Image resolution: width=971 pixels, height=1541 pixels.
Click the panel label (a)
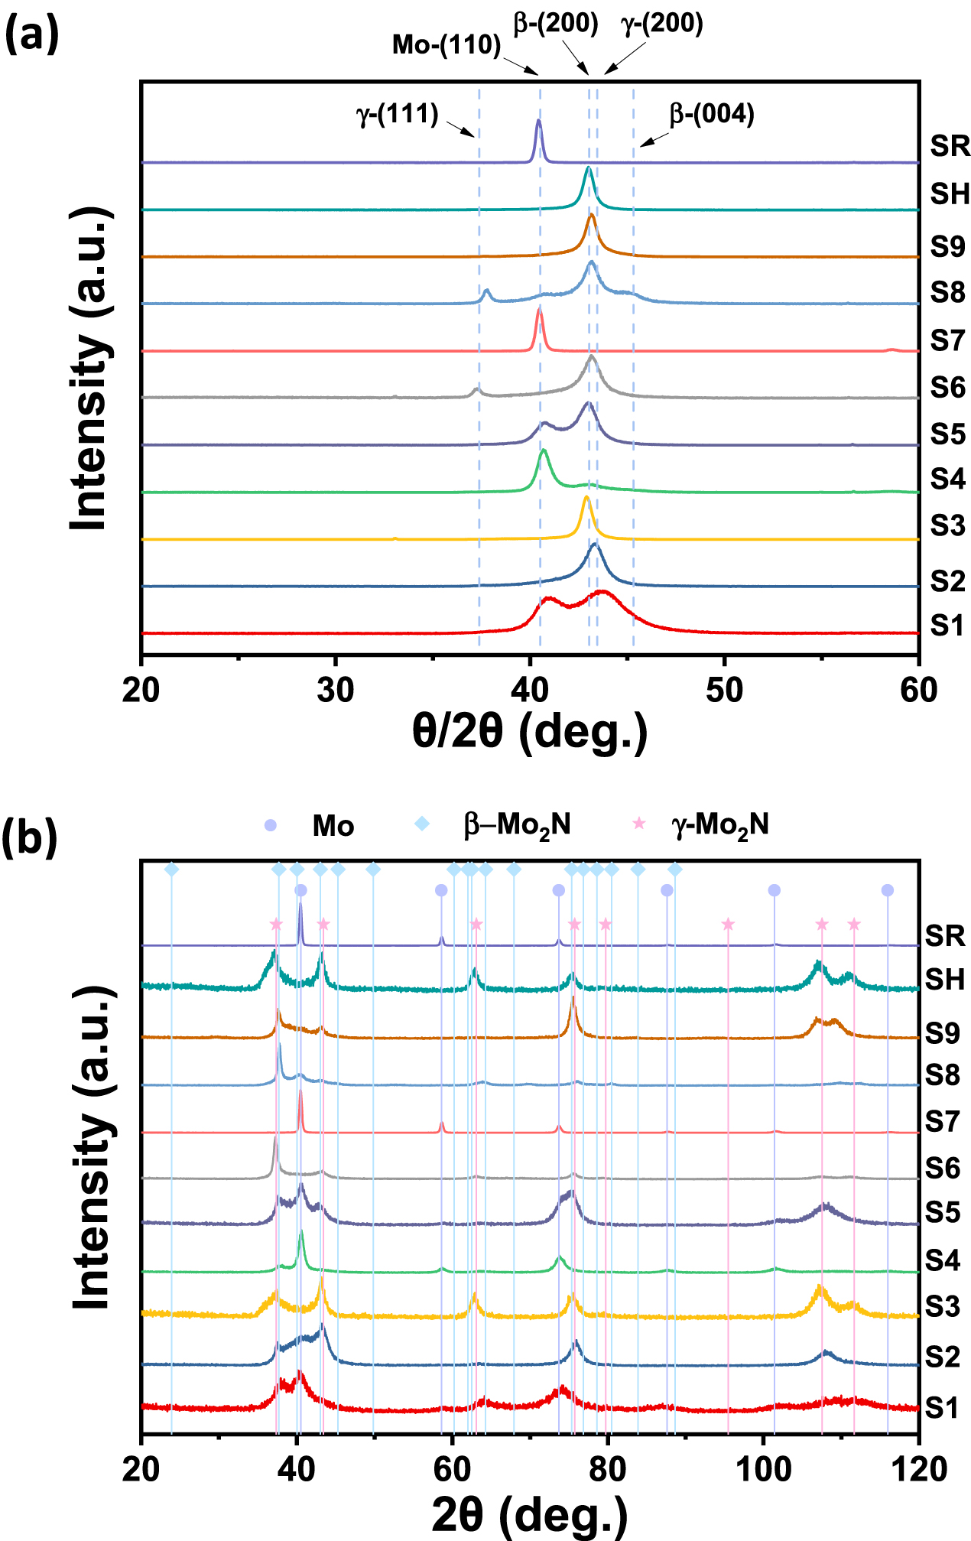pyautogui.click(x=31, y=35)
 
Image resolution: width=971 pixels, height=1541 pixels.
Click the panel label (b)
pyautogui.click(x=30, y=838)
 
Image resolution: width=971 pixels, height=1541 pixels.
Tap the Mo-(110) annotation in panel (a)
pyautogui.click(x=446, y=44)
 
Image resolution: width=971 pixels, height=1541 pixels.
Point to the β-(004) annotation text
pyautogui.click(x=711, y=114)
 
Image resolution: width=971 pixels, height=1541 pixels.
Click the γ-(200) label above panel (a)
pyautogui.click(x=661, y=23)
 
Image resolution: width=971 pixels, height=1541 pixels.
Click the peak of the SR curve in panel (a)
pyautogui.click(x=538, y=121)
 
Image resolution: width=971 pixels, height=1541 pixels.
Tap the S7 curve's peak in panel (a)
pyautogui.click(x=539, y=309)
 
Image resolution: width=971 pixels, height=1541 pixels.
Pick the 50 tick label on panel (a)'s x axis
pyautogui.click(x=723, y=691)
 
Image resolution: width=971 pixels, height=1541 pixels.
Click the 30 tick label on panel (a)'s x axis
pyautogui.click(x=335, y=691)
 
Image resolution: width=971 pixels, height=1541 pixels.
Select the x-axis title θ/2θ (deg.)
pyautogui.click(x=529, y=732)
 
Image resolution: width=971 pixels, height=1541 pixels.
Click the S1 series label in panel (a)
pyautogui.click(x=947, y=626)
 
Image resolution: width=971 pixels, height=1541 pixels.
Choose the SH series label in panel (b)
pyautogui.click(x=945, y=979)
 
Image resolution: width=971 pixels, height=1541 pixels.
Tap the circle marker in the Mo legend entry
pyautogui.click(x=270, y=825)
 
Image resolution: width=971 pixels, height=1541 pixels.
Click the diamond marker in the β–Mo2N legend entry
pyautogui.click(x=422, y=824)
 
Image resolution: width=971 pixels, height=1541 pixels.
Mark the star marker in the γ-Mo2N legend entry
pyautogui.click(x=639, y=824)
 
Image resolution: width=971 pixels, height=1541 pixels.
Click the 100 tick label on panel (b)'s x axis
pyautogui.click(x=762, y=1469)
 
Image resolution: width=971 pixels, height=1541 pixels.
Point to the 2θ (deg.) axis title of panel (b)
pyautogui.click(x=529, y=1514)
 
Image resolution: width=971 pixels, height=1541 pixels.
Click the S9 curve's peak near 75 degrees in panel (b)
pyautogui.click(x=573, y=999)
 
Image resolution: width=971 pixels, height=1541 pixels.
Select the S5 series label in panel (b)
pyautogui.click(x=942, y=1212)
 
